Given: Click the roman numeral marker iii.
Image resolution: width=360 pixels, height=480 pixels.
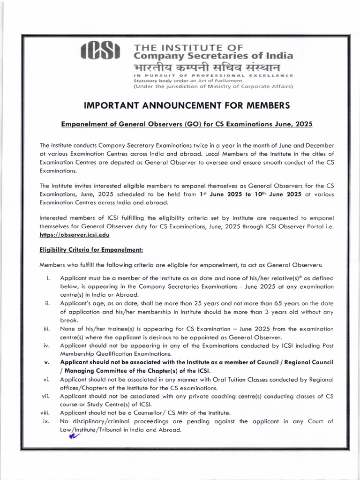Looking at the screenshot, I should coord(46,329).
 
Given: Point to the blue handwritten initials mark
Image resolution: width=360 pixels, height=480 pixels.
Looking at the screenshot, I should coord(74,435).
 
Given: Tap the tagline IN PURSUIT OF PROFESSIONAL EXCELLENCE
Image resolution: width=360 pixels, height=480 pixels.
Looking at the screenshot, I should coord(213,75).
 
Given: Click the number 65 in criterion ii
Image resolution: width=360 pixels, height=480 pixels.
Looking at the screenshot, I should coord(273,303).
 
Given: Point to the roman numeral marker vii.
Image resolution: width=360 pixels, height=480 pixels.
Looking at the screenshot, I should coord(46,396).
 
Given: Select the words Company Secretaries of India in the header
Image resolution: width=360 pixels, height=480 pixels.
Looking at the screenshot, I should coord(213,56).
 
